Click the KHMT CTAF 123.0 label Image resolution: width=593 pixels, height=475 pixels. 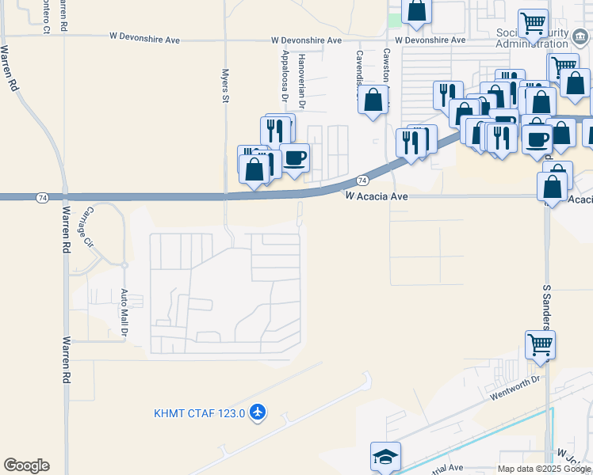point(200,412)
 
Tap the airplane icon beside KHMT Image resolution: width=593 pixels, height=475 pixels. point(257,412)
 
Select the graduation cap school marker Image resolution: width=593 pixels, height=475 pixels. point(385,457)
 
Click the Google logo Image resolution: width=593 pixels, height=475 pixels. point(26,465)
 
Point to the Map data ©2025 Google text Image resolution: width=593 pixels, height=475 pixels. point(544,469)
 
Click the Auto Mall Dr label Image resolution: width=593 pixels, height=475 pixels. point(124,313)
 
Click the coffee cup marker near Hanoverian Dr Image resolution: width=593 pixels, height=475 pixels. point(295,158)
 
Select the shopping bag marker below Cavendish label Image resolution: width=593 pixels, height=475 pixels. point(373,101)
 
